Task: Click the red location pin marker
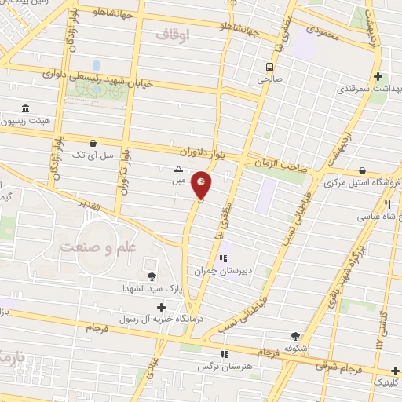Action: point(202,184)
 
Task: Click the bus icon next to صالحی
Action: point(269,67)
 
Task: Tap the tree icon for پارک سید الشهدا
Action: point(152,276)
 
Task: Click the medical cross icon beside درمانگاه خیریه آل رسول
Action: point(162,307)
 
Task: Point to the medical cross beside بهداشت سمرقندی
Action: point(379,77)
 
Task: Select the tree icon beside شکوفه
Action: point(295,335)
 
